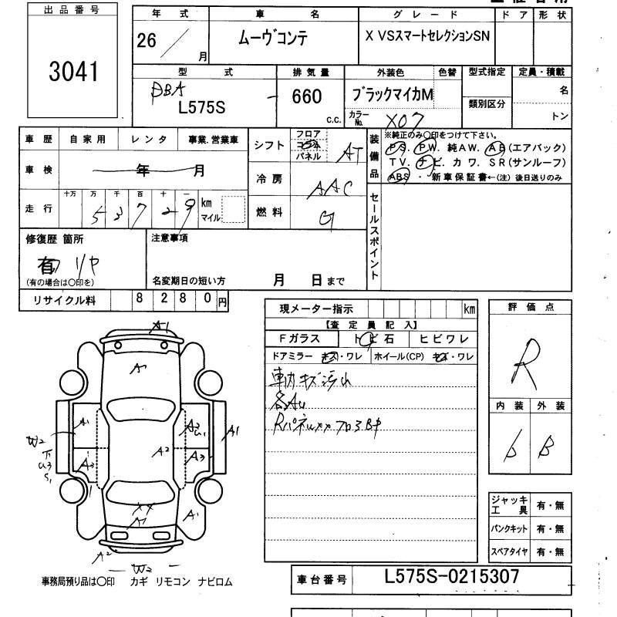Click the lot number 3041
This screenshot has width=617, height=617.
pos(74,71)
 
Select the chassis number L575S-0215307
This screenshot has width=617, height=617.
pos(451,576)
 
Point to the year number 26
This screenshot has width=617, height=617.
pos(146,41)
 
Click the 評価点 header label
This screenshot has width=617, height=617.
pos(531,307)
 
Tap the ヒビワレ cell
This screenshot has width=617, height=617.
pos(443,339)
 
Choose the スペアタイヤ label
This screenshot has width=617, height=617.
pos(510,551)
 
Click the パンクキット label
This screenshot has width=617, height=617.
pos(510,529)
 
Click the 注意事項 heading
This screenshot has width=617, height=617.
pos(170,238)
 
